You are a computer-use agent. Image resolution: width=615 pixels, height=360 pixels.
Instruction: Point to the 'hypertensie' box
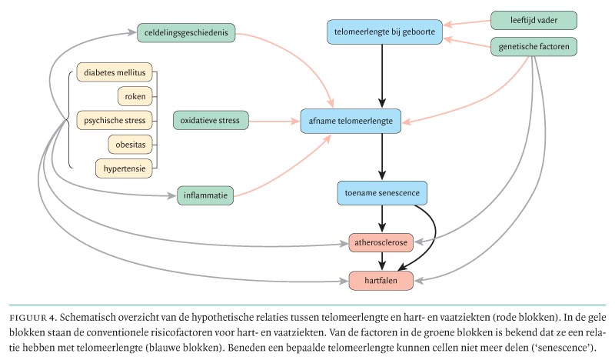[x=125, y=166]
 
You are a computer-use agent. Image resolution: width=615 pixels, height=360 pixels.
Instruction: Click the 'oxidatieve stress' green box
[x=209, y=121]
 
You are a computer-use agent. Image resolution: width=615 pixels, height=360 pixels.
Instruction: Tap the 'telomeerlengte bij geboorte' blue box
[x=383, y=32]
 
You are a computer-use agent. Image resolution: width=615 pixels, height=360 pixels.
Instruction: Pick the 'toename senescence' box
[x=382, y=193]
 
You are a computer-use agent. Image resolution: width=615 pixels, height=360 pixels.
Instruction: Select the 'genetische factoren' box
[x=533, y=48]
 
